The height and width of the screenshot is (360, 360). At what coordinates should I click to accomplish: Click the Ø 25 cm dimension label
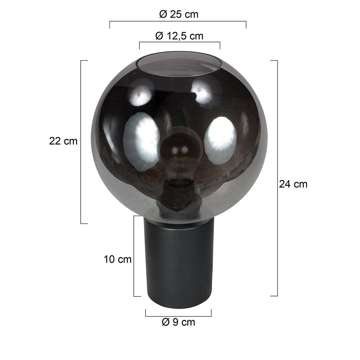click(179, 14)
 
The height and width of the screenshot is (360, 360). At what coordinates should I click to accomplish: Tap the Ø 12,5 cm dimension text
click(179, 36)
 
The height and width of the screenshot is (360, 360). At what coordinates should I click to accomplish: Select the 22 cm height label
click(63, 141)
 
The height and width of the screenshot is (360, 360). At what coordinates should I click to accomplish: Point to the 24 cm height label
click(293, 184)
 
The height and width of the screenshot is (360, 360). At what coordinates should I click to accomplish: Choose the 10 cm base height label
click(118, 259)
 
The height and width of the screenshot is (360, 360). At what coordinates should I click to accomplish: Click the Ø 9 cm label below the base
click(178, 322)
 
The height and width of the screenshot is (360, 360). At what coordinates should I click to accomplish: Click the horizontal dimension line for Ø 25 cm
click(178, 22)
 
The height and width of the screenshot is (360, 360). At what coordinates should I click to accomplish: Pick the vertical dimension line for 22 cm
click(81, 142)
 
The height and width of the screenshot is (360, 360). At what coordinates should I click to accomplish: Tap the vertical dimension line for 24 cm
click(277, 178)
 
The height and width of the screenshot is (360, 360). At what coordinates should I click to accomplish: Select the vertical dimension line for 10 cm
click(134, 256)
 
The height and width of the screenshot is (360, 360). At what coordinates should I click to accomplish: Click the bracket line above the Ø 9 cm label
click(178, 316)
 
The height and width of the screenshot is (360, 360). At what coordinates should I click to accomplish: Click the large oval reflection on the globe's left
click(141, 136)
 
